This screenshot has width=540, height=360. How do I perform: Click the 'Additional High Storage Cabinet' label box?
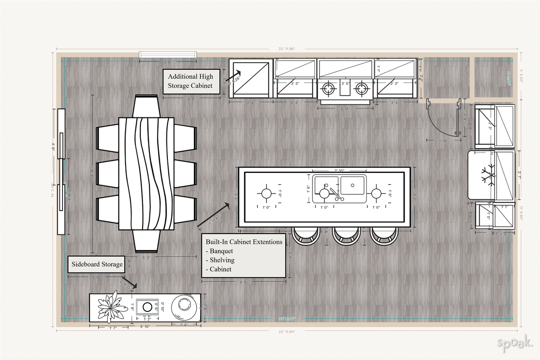coord(191,81)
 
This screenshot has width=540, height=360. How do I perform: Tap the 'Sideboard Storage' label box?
coord(97,265)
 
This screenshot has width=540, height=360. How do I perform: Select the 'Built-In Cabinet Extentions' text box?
coord(243,255)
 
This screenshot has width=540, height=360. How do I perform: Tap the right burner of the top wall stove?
coord(362,89)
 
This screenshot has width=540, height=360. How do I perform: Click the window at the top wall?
coord(167,55)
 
